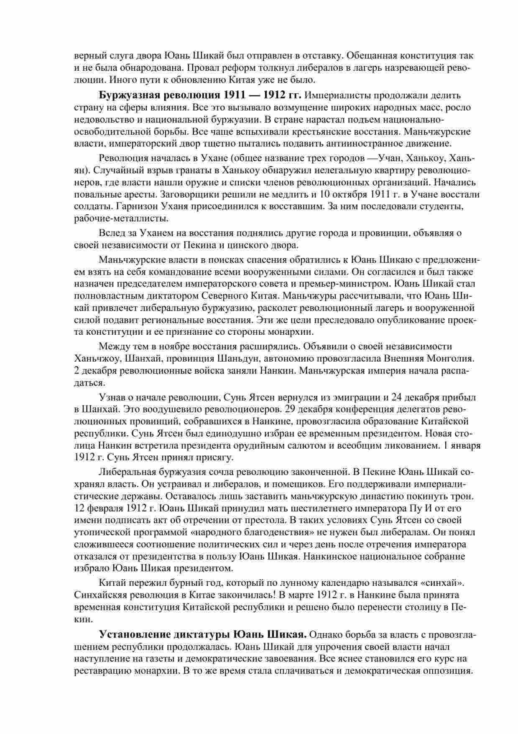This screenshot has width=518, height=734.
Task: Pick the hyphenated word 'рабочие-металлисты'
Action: tap(122, 218)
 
